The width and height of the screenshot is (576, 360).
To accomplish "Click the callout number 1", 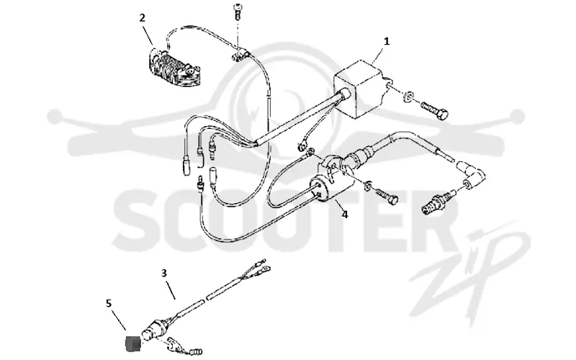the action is (387, 42).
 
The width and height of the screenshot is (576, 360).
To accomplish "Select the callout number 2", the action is (142, 17).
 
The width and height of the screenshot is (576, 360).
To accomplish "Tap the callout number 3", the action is (164, 274).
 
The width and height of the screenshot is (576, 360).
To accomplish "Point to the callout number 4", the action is (345, 214).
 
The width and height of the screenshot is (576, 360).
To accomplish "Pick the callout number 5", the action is (109, 303).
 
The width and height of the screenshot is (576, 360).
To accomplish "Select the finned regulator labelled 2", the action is (173, 68).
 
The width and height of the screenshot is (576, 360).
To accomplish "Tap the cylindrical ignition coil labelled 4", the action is (330, 180).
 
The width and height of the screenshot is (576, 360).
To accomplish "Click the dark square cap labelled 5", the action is (132, 345).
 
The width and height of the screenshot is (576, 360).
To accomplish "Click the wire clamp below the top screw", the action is (240, 54).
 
